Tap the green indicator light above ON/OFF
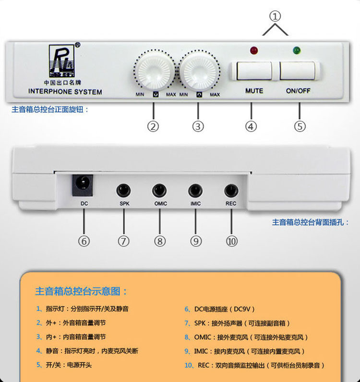297,49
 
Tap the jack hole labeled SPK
124,190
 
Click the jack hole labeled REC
231,190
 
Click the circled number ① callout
275,16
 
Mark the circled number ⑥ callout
84,241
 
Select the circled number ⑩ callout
232,241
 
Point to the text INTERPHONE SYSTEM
65,91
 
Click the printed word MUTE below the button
254,90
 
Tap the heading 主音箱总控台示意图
81,291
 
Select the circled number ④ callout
251,126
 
